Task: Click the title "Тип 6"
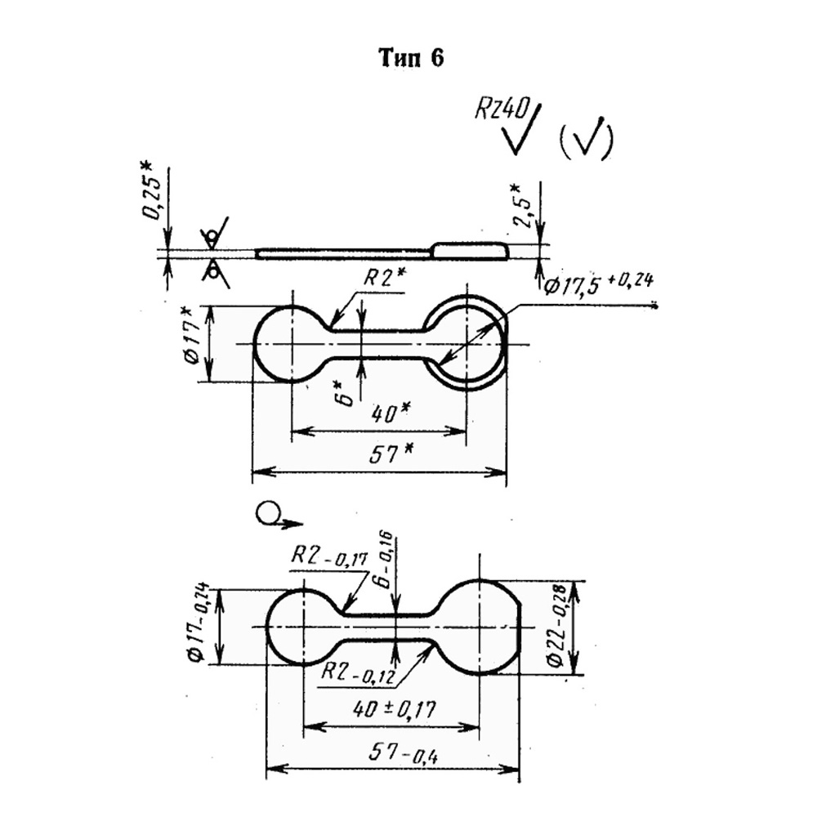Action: [x=412, y=58]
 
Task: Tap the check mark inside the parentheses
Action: [x=585, y=136]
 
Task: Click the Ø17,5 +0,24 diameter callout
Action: [x=598, y=284]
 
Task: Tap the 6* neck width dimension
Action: [x=346, y=392]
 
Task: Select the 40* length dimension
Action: [x=387, y=415]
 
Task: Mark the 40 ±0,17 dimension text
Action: [x=394, y=709]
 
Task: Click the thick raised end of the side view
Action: [x=469, y=251]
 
